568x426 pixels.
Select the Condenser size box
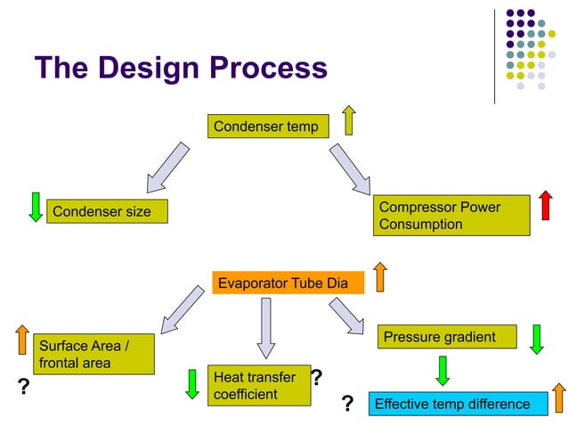(x=106, y=211)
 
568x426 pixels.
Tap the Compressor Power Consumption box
(x=450, y=216)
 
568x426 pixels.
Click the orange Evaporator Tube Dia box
(x=288, y=283)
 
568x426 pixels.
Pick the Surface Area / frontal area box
(x=93, y=354)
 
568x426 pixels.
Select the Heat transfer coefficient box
(x=258, y=386)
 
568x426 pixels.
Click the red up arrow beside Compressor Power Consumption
(x=545, y=204)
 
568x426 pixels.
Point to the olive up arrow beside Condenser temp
(x=348, y=120)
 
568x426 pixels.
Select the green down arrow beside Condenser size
(x=36, y=206)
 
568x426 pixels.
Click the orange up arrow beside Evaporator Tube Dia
(x=379, y=276)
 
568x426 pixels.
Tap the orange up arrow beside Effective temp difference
(x=558, y=398)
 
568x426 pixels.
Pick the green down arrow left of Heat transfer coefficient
(x=191, y=383)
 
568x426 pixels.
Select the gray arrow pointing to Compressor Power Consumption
(x=350, y=168)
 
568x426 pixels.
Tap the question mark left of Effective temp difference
(x=348, y=406)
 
